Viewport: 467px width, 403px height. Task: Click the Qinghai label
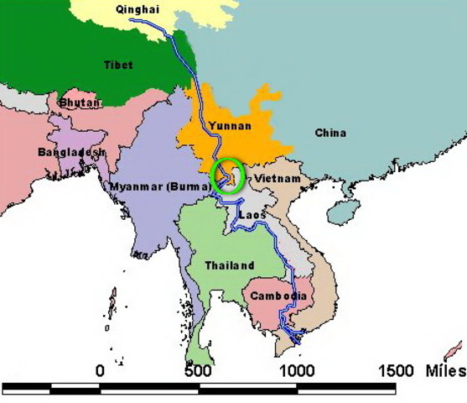click(136, 10)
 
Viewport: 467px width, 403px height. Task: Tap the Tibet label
click(118, 65)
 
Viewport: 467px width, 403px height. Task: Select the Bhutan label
click(80, 102)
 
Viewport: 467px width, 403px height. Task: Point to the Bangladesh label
click(72, 152)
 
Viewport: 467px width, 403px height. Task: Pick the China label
click(330, 133)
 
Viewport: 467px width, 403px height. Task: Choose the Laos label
click(252, 215)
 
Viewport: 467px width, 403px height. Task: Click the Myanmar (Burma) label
click(159, 185)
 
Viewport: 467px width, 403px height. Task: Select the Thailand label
click(230, 265)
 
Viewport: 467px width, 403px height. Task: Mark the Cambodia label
click(277, 296)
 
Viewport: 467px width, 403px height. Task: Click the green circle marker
click(227, 175)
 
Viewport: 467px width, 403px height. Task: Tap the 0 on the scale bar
click(101, 370)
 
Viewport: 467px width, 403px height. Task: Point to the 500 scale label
click(199, 370)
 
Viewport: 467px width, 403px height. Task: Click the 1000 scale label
click(295, 370)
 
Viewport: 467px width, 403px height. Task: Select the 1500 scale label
click(397, 370)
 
